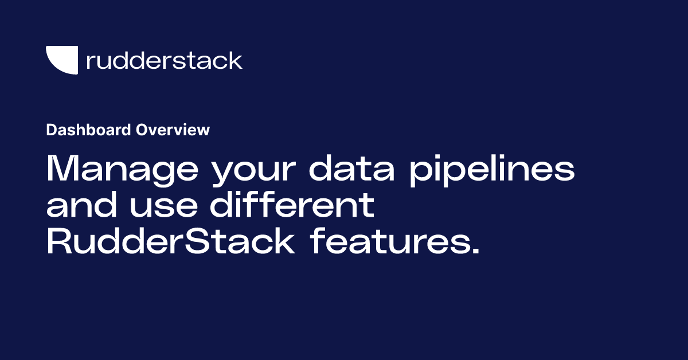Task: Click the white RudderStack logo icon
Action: [61, 60]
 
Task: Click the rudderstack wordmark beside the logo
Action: [164, 60]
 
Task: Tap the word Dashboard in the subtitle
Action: [88, 130]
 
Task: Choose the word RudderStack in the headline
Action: [170, 242]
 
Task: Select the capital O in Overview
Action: [141, 130]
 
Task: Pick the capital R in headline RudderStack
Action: [57, 242]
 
